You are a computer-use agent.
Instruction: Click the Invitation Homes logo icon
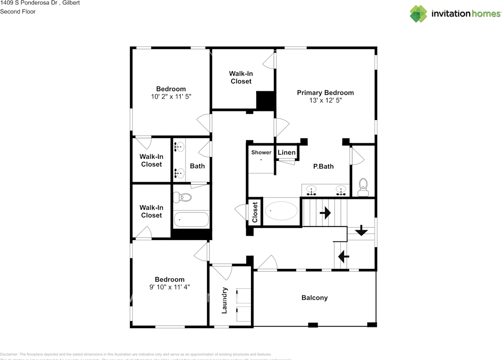(x=418, y=14)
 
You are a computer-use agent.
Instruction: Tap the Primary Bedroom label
(x=325, y=93)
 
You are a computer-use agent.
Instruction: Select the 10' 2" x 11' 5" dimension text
(x=171, y=96)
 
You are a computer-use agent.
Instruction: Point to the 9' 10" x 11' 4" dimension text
(x=169, y=287)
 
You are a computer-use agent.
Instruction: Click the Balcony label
(x=314, y=298)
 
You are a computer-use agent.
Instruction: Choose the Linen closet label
(x=286, y=152)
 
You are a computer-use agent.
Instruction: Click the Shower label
(x=261, y=152)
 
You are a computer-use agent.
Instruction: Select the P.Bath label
(x=323, y=166)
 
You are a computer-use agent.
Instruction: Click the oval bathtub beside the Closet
(x=281, y=211)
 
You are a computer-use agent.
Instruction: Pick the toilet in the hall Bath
(x=183, y=197)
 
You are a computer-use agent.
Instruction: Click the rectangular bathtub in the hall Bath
(x=191, y=220)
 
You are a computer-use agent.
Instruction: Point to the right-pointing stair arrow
(x=325, y=213)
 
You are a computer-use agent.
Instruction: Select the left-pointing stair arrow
(x=344, y=256)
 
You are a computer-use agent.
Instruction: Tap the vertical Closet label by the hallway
(x=255, y=212)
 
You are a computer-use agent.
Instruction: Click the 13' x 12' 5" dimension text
(x=325, y=100)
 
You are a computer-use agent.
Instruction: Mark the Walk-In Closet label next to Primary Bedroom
(x=241, y=77)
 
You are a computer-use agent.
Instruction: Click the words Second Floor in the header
(x=18, y=11)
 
